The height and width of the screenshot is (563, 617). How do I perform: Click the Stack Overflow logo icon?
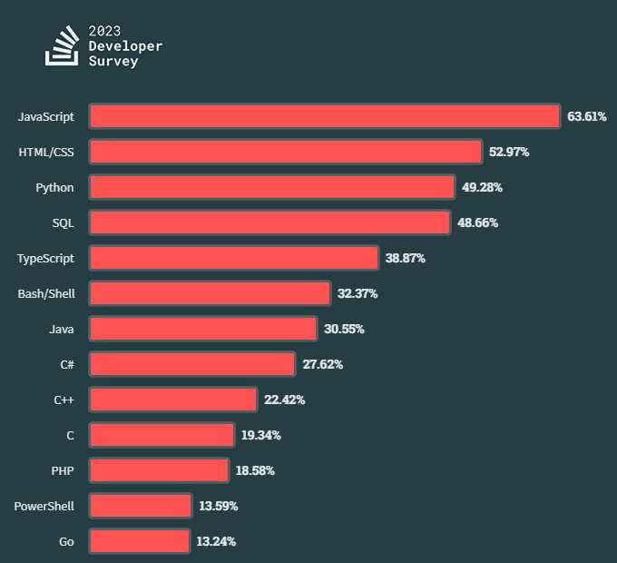(x=62, y=46)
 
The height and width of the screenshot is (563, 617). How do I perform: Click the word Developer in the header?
(x=125, y=45)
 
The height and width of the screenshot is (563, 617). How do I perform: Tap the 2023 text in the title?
(x=104, y=30)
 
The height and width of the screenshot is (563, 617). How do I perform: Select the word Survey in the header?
(x=113, y=61)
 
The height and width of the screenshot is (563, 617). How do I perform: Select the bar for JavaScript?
(x=325, y=116)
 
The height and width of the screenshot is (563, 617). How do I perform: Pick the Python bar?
(x=272, y=187)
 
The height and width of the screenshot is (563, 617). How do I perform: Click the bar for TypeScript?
(x=234, y=258)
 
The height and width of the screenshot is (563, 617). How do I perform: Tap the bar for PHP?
(x=160, y=470)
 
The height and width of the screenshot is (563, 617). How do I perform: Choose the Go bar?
(x=140, y=541)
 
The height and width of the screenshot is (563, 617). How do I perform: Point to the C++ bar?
(x=173, y=400)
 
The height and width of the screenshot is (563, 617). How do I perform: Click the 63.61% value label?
(x=586, y=116)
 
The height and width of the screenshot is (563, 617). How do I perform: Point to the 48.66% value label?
(x=477, y=222)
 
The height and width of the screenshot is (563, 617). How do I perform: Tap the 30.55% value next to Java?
(x=344, y=329)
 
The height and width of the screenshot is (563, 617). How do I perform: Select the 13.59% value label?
(x=218, y=506)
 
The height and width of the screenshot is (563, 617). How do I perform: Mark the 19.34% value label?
(x=260, y=435)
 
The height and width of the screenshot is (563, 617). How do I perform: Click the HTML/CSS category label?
(x=46, y=152)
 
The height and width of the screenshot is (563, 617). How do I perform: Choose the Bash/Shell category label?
(x=46, y=293)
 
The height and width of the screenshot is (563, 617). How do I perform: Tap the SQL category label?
(x=63, y=222)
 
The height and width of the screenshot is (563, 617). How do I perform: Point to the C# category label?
(x=67, y=364)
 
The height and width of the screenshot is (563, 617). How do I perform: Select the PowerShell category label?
(x=44, y=506)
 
